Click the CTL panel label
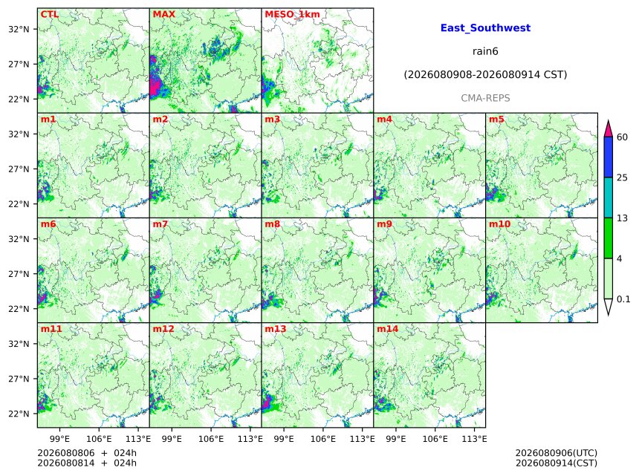pyautogui.click(x=49, y=14)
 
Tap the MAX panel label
pyautogui.click(x=163, y=14)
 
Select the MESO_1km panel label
pyautogui.click(x=292, y=15)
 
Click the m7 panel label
pyautogui.click(x=160, y=224)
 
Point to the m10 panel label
pyautogui.click(x=499, y=224)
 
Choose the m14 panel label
pyautogui.click(x=388, y=329)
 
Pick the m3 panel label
pyautogui.click(x=272, y=120)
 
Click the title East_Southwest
pyautogui.click(x=485, y=28)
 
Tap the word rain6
pyautogui.click(x=485, y=51)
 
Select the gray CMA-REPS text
pyautogui.click(x=485, y=98)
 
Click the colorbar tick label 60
pyautogui.click(x=622, y=137)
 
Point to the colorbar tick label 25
pyautogui.click(x=622, y=177)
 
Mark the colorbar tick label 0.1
pyautogui.click(x=623, y=299)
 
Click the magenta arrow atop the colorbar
pyautogui.click(x=608, y=129)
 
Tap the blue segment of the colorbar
pyautogui.click(x=608, y=157)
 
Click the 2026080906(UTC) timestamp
pyautogui.click(x=557, y=453)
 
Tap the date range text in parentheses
pyautogui.click(x=485, y=75)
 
